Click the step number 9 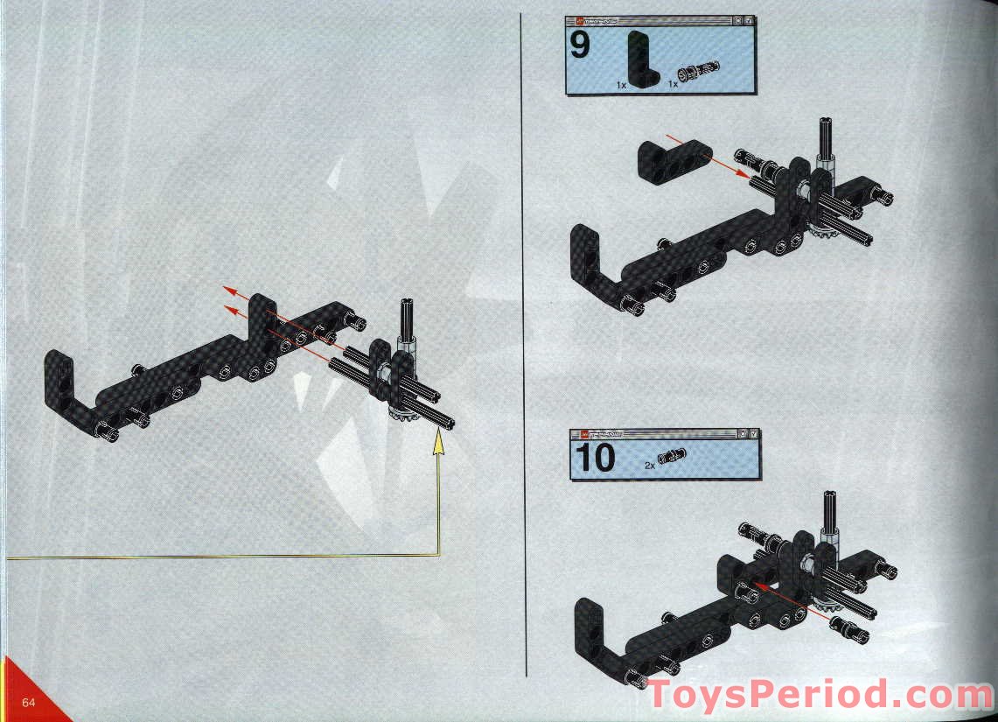pos(579,45)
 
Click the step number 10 pos(593,458)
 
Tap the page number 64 pos(29,703)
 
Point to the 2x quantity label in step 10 pos(649,466)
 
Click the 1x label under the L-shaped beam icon pos(621,85)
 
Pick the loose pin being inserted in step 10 pos(848,627)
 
